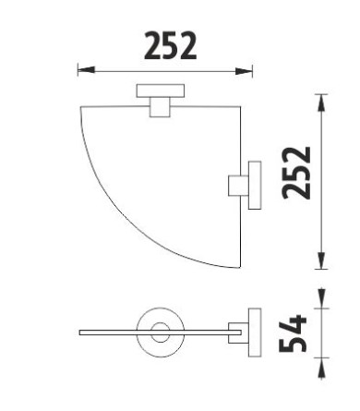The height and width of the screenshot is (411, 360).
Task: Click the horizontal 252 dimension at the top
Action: [170, 45]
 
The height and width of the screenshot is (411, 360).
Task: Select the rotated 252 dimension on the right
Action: [296, 174]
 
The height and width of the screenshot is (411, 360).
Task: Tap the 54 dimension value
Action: [293, 333]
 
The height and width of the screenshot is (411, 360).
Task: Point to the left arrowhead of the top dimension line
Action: [86, 70]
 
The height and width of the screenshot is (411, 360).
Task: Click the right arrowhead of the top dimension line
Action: [244, 72]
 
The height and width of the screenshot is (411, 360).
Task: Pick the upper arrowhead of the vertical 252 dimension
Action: [321, 103]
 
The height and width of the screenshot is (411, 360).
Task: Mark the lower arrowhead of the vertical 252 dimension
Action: [321, 260]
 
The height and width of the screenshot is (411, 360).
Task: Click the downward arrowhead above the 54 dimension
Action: [321, 297]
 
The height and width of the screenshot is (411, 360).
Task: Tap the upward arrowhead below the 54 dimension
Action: [321, 368]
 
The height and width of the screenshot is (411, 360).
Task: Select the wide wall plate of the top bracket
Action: [161, 91]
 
